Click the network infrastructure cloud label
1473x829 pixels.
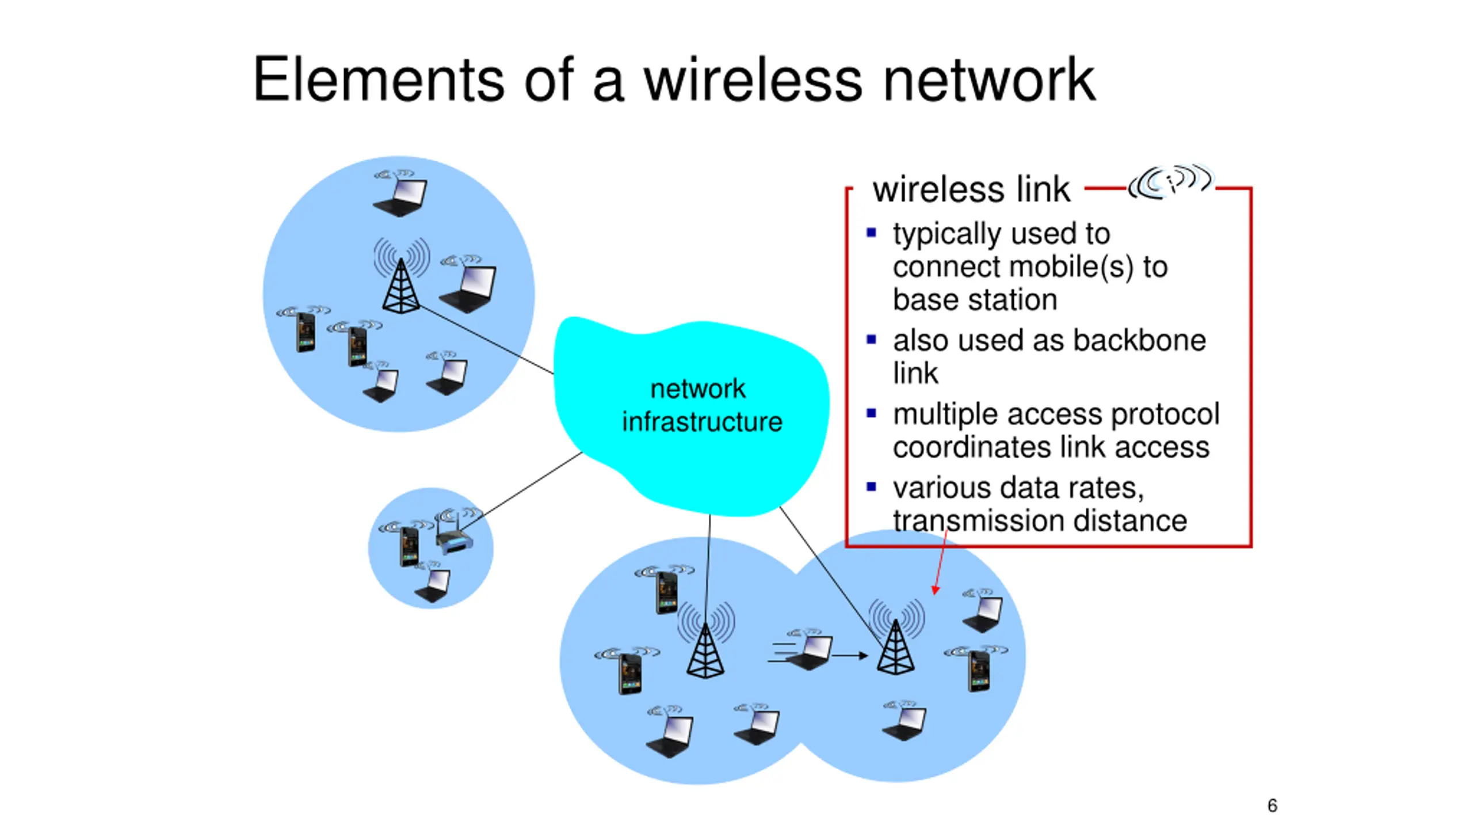coord(701,405)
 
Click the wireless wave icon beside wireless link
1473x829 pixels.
coord(1170,182)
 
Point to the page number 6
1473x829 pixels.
coord(1272,805)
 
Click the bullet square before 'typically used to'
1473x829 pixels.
coord(871,233)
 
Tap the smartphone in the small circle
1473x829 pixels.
coord(409,547)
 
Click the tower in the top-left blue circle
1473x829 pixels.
coord(401,285)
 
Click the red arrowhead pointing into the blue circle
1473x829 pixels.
coord(936,590)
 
